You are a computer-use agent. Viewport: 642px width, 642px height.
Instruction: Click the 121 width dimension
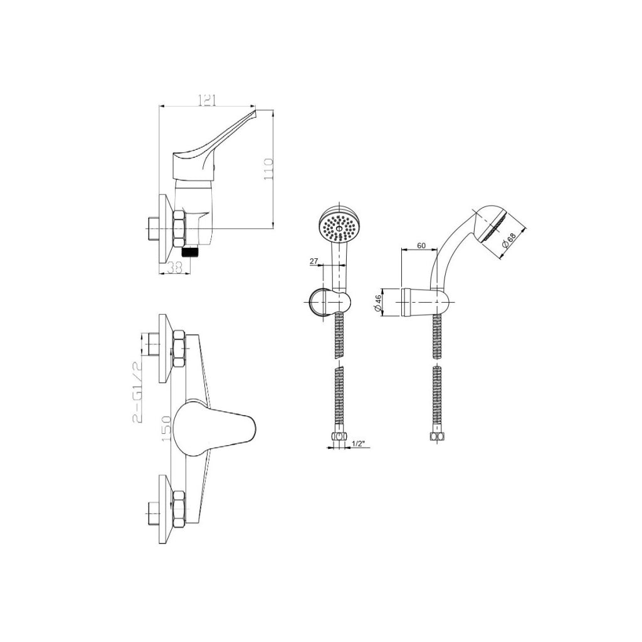coord(207,100)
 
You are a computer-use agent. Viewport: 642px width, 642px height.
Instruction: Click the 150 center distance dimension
coord(166,428)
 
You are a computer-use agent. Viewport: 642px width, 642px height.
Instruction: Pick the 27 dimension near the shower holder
coord(314,261)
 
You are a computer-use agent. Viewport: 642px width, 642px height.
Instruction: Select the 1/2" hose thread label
coord(358,444)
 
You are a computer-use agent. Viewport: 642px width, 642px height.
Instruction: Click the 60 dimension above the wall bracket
coord(421,246)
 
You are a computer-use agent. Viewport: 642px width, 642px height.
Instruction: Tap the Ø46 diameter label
coord(378,302)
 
